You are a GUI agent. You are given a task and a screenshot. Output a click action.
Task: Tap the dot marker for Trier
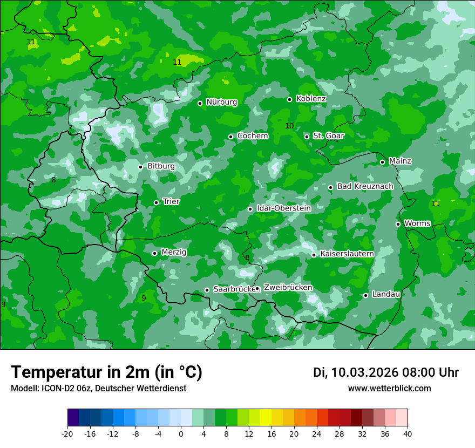click(x=156, y=202)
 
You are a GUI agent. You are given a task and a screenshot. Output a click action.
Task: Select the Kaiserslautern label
click(x=347, y=254)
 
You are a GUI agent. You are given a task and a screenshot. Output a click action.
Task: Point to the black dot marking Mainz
click(x=382, y=162)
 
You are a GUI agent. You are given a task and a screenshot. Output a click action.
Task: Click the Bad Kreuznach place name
click(x=365, y=186)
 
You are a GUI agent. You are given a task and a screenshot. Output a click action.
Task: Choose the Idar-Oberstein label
click(x=283, y=208)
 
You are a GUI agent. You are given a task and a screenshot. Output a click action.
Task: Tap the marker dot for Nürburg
click(x=200, y=103)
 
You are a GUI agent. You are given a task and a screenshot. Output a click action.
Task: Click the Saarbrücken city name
click(x=234, y=289)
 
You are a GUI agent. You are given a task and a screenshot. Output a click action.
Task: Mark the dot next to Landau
click(x=365, y=295)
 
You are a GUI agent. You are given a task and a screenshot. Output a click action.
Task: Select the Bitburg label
click(x=161, y=166)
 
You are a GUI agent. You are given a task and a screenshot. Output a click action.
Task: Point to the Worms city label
click(x=417, y=223)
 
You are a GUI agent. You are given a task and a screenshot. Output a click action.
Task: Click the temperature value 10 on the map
click(x=289, y=126)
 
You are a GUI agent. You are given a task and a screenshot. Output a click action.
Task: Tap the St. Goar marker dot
click(x=307, y=137)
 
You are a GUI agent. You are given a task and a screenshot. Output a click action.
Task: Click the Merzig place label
click(x=174, y=252)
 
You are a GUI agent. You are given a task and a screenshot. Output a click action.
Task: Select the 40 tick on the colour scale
click(x=408, y=433)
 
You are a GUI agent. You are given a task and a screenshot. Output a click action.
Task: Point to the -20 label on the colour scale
click(x=67, y=433)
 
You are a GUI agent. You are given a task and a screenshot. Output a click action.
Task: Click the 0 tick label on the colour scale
click(x=181, y=433)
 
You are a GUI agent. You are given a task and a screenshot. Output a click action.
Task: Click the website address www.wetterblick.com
click(x=389, y=389)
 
